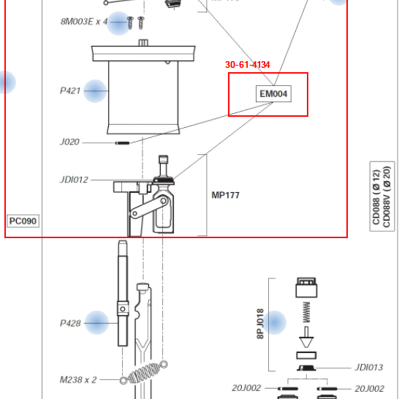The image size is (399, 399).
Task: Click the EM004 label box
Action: point(274,94)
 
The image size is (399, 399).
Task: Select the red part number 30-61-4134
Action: point(247,65)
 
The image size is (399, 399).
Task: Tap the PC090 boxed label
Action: point(23,220)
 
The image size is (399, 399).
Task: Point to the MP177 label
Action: point(226,196)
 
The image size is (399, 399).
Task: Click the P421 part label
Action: point(71,91)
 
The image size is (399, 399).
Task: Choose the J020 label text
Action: point(70,142)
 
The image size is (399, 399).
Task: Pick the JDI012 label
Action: point(74,180)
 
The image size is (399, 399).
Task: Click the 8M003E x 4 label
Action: point(84,22)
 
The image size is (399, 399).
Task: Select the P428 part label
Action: point(71,323)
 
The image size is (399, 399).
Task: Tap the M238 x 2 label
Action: point(79,379)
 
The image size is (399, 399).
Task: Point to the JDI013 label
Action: point(368,368)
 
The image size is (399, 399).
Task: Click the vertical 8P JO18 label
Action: point(260,324)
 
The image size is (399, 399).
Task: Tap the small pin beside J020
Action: point(123,142)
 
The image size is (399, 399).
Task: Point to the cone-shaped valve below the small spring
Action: point(306,340)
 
